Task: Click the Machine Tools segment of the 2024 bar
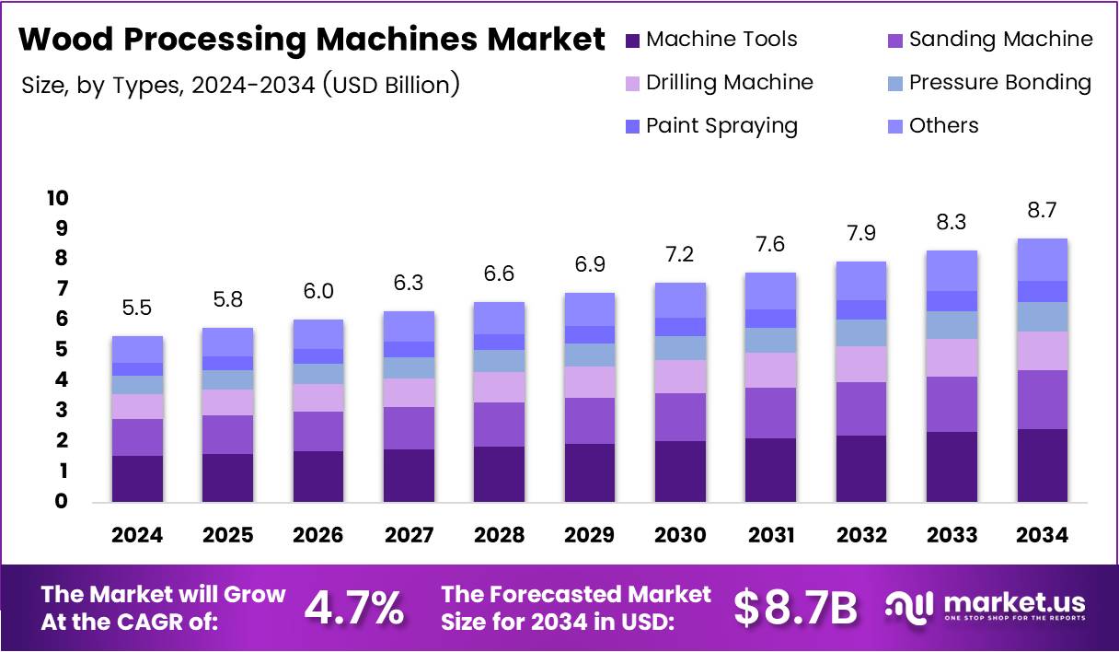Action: click(137, 478)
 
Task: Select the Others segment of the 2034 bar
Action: click(1042, 259)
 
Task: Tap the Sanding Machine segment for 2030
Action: click(680, 416)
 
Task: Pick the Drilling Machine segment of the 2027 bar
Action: click(409, 392)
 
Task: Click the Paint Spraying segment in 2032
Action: click(860, 309)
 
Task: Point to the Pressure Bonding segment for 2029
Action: click(589, 355)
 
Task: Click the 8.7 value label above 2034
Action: click(1042, 211)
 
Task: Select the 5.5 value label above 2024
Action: click(137, 309)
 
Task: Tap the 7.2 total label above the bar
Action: click(680, 255)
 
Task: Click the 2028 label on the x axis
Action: click(499, 536)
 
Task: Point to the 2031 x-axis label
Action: click(770, 536)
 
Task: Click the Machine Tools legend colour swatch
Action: click(631, 41)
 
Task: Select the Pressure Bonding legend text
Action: click(999, 83)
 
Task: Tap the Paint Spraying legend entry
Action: click(721, 126)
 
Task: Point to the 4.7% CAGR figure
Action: click(353, 608)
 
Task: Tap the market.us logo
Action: click(985, 607)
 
